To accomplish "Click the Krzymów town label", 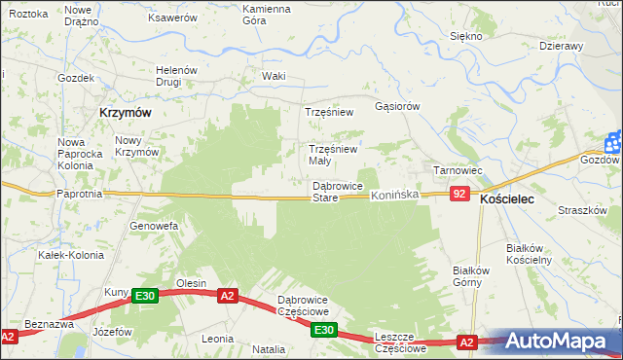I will pyautogui.click(x=125, y=113).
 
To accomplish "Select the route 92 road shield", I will pyautogui.click(x=461, y=195).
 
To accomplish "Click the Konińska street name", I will pyautogui.click(x=394, y=196).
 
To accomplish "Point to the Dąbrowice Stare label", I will pyautogui.click(x=338, y=192).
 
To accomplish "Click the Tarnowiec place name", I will pyautogui.click(x=458, y=170).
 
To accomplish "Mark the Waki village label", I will pyautogui.click(x=274, y=76).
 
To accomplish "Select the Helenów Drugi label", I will pyautogui.click(x=178, y=76).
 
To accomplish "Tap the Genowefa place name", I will pyautogui.click(x=154, y=226).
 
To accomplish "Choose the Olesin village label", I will pyautogui.click(x=191, y=283).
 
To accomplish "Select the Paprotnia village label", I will pyautogui.click(x=80, y=194).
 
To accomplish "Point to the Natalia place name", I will pyautogui.click(x=269, y=348).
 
